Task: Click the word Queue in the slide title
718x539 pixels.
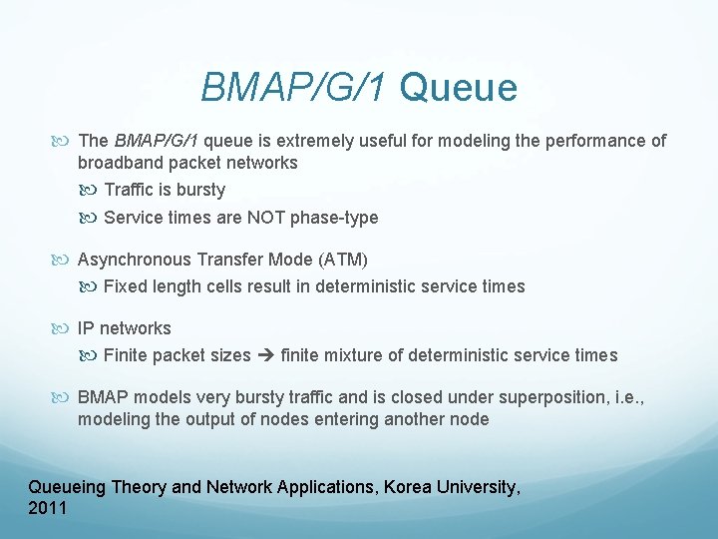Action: tap(459, 88)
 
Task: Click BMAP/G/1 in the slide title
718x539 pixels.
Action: tap(294, 88)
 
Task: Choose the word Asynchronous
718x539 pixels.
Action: tap(135, 260)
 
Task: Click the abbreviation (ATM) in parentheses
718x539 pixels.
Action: tap(343, 260)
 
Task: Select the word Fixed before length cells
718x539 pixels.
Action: tap(125, 286)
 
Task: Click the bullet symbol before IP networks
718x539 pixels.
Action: tap(66, 328)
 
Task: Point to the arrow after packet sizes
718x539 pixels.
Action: tap(266, 355)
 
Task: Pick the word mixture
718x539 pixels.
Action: tap(357, 355)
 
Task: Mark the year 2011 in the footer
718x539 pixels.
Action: tap(48, 508)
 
